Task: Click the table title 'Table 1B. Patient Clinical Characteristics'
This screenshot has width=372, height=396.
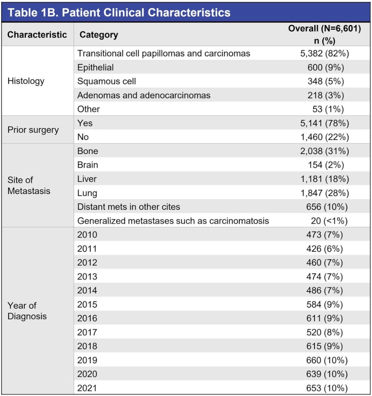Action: click(x=119, y=13)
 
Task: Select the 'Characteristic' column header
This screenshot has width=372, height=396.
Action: click(x=37, y=35)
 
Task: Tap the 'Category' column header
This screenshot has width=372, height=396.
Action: click(x=99, y=35)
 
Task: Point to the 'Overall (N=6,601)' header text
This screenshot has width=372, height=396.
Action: click(x=325, y=28)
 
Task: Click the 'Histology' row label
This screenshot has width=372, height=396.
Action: click(x=26, y=81)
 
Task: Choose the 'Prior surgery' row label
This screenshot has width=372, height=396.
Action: click(x=33, y=130)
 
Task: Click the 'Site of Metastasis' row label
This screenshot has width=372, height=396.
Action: click(x=29, y=185)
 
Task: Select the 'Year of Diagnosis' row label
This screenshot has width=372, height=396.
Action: click(x=27, y=311)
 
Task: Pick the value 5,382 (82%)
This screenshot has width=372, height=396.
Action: click(x=325, y=54)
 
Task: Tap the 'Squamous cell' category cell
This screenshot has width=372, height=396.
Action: click(x=107, y=81)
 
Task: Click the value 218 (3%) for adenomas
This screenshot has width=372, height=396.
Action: click(x=325, y=95)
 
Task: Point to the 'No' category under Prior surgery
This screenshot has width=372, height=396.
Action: click(x=83, y=137)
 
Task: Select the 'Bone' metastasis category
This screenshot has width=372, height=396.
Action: click(x=87, y=151)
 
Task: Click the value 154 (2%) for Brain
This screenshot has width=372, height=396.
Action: click(x=325, y=165)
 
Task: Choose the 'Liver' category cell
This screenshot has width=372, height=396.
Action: click(x=87, y=179)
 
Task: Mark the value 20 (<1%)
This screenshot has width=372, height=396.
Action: click(x=329, y=221)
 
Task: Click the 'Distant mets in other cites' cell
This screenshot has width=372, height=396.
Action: click(x=129, y=207)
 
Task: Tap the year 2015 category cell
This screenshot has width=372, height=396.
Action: click(x=87, y=304)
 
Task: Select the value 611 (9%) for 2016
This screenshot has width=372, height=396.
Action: click(x=325, y=318)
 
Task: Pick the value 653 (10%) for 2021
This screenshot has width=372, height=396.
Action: click(x=327, y=388)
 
